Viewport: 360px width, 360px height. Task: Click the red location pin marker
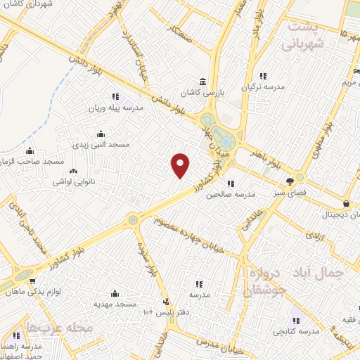coord(181,165)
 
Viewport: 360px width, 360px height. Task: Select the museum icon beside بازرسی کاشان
coord(202,81)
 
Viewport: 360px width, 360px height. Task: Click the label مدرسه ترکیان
coord(264,88)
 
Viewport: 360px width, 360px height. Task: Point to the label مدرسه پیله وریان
coord(115,108)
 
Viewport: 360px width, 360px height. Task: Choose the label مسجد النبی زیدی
coord(101,145)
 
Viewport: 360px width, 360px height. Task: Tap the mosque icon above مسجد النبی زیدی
coord(101,134)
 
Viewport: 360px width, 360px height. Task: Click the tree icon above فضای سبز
coord(290,181)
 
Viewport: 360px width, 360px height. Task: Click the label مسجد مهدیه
coord(115,304)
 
